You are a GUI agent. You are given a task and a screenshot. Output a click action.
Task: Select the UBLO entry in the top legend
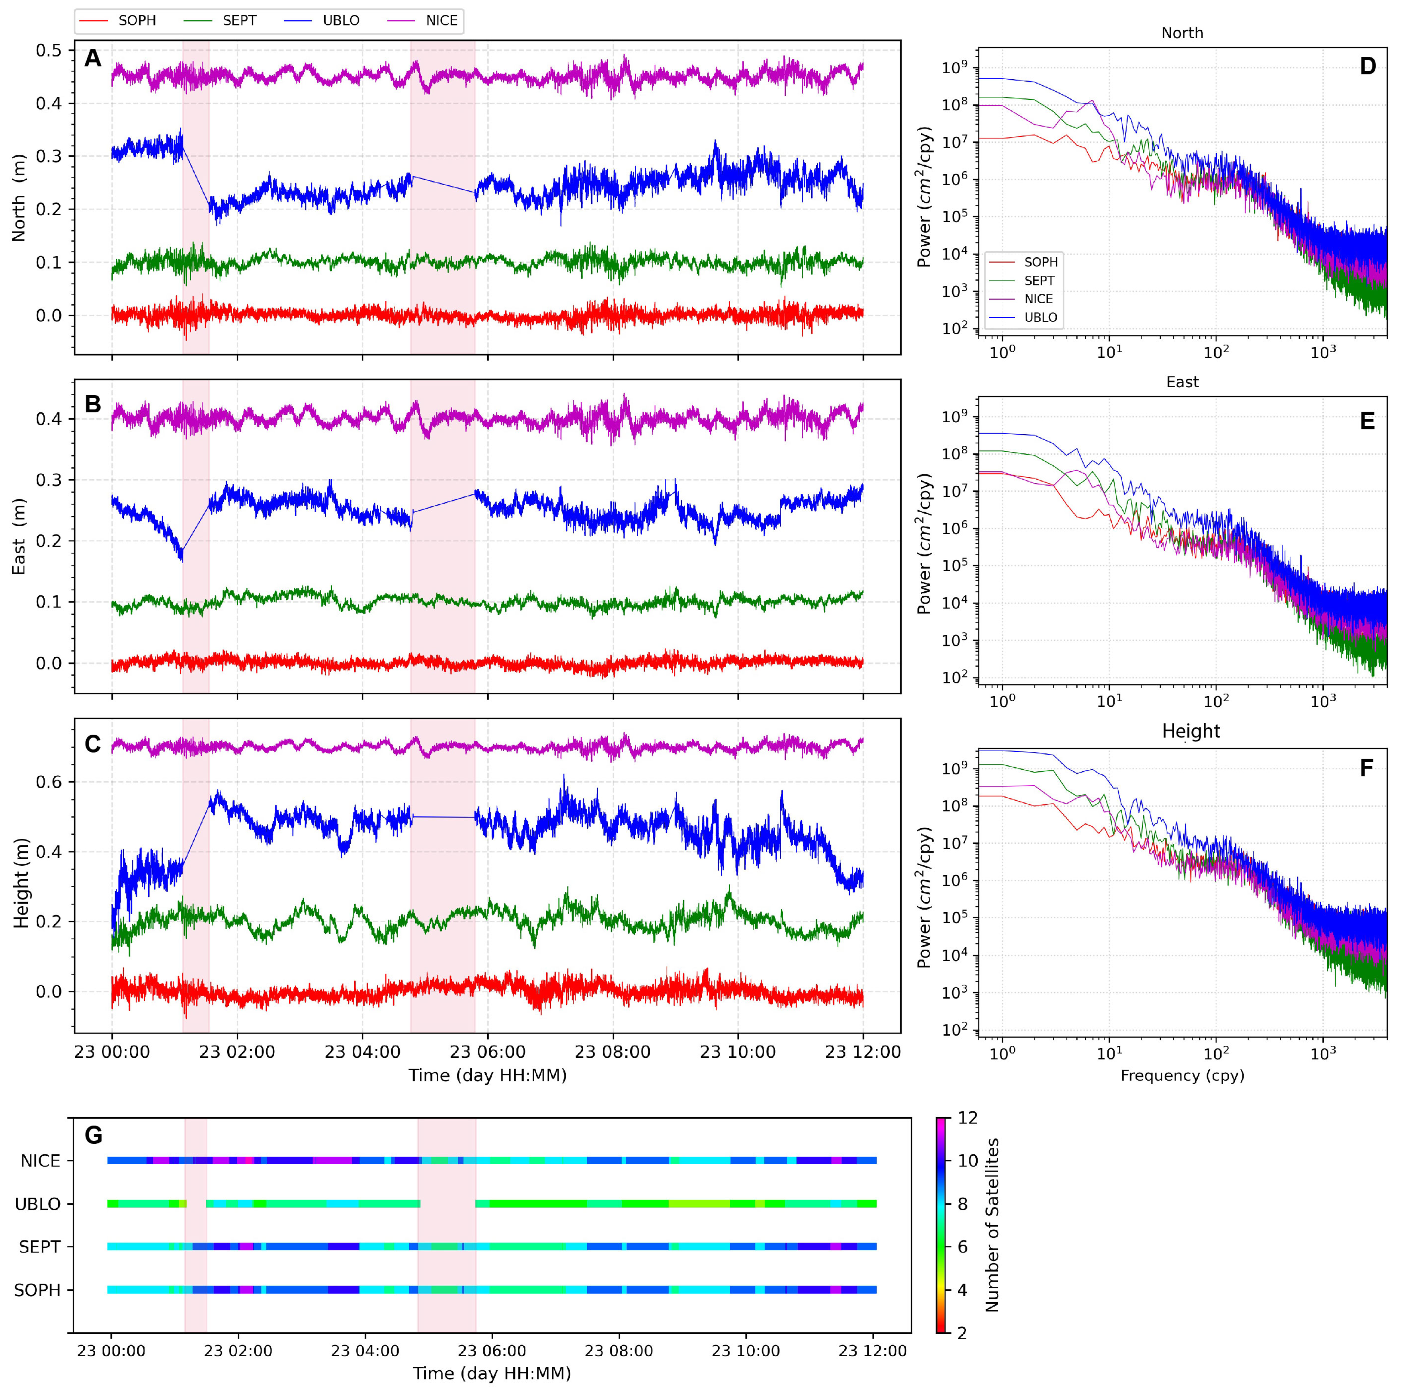[340, 20]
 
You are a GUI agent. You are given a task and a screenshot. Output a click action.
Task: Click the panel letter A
[92, 58]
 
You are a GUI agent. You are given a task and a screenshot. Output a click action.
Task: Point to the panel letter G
[94, 1135]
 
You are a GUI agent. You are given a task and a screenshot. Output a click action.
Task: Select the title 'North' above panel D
[1181, 33]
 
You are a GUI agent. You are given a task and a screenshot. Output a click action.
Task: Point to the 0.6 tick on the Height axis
[49, 782]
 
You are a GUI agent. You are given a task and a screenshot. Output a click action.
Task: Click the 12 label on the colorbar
[967, 1118]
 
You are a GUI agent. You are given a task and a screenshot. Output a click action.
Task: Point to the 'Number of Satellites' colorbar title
[992, 1225]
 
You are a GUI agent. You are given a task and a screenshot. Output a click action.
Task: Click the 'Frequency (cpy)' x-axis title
[1181, 1075]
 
